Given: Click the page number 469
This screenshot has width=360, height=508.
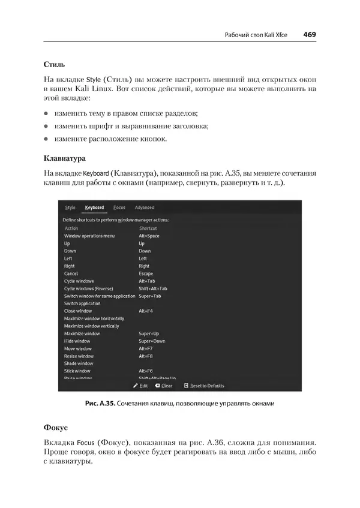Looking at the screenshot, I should (x=310, y=35).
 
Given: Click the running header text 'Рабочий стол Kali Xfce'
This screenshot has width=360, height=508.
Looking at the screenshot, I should (x=255, y=35).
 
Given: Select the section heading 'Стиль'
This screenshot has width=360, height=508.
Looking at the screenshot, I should (x=55, y=64).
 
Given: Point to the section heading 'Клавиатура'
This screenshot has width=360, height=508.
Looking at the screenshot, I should (x=65, y=159).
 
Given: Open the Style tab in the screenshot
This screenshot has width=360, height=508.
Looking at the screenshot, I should (x=70, y=208).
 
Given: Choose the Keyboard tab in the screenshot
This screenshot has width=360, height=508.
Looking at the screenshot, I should (x=94, y=208).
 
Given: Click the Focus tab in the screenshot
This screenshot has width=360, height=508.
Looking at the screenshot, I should (x=119, y=208).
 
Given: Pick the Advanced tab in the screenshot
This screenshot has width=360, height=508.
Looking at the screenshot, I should (x=145, y=208).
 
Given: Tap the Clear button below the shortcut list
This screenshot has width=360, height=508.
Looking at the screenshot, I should (x=164, y=386).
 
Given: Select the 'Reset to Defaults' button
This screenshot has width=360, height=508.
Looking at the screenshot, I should (x=204, y=386).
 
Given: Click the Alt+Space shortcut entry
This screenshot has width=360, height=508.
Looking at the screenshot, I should (x=149, y=236).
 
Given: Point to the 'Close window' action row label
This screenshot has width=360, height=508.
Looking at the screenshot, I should (x=78, y=311).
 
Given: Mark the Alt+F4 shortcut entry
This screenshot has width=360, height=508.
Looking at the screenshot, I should (x=146, y=311).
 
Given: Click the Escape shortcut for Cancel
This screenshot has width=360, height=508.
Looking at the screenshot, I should (x=146, y=273).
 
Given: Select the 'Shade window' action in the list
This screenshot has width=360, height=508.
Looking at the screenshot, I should (x=79, y=363).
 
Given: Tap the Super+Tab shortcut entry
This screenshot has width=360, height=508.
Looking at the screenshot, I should (x=150, y=296).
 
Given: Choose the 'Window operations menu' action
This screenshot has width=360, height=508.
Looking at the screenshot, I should (x=89, y=236).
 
